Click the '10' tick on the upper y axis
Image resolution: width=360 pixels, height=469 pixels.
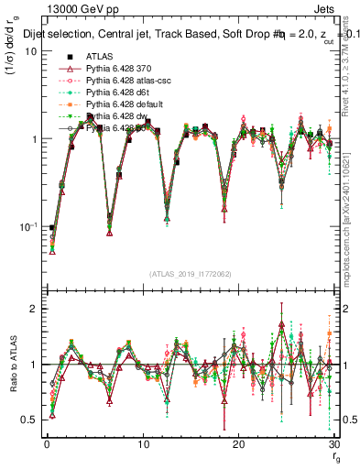point(31,50)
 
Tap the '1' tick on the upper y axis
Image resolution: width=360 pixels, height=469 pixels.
point(34,139)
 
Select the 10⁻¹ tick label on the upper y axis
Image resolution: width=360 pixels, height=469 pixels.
point(30,226)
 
